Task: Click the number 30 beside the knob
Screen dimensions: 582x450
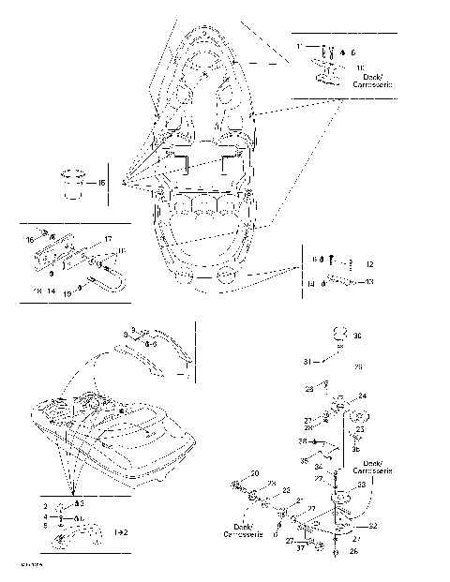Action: click(x=357, y=336)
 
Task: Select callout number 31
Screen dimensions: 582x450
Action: click(x=305, y=362)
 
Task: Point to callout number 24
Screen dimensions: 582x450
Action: click(x=363, y=395)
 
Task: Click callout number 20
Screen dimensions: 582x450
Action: click(x=254, y=475)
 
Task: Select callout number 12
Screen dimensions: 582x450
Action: click(x=369, y=265)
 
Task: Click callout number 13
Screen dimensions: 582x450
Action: click(x=369, y=281)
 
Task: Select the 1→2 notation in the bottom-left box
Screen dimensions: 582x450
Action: click(x=121, y=530)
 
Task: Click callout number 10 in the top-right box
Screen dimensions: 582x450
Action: click(x=360, y=68)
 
